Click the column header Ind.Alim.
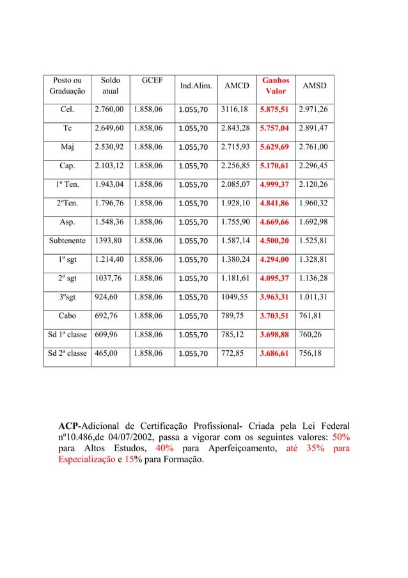[x=196, y=86]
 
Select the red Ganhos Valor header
[x=275, y=86]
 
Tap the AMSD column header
[x=314, y=86]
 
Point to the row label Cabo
[x=67, y=315]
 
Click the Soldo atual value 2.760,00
[x=110, y=109]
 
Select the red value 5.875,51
[x=274, y=109]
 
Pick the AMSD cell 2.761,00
[x=313, y=147]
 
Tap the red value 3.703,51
[x=274, y=315]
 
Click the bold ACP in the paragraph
[x=69, y=426]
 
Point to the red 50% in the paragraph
[x=339, y=438]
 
